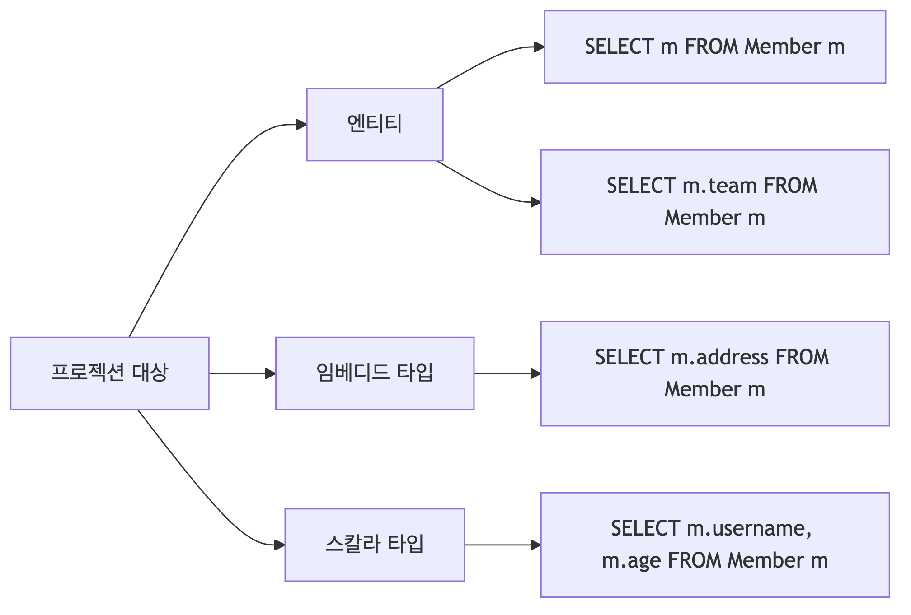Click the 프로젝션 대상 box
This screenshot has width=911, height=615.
109,373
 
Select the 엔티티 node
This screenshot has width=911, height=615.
375,125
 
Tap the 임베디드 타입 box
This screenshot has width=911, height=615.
375,373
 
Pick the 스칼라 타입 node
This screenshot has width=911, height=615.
375,545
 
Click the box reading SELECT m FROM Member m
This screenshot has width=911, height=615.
715,47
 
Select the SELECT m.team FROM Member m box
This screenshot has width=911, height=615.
715,202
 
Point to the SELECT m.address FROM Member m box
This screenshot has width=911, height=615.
715,373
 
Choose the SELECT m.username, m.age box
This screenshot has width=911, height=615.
715,545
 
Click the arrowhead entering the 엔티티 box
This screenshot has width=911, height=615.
301,125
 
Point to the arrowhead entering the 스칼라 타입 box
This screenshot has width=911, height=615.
280,545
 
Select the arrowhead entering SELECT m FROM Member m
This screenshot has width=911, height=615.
539,47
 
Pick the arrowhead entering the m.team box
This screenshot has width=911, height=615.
535,202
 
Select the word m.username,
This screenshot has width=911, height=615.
749,528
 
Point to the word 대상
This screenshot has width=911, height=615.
150,373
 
